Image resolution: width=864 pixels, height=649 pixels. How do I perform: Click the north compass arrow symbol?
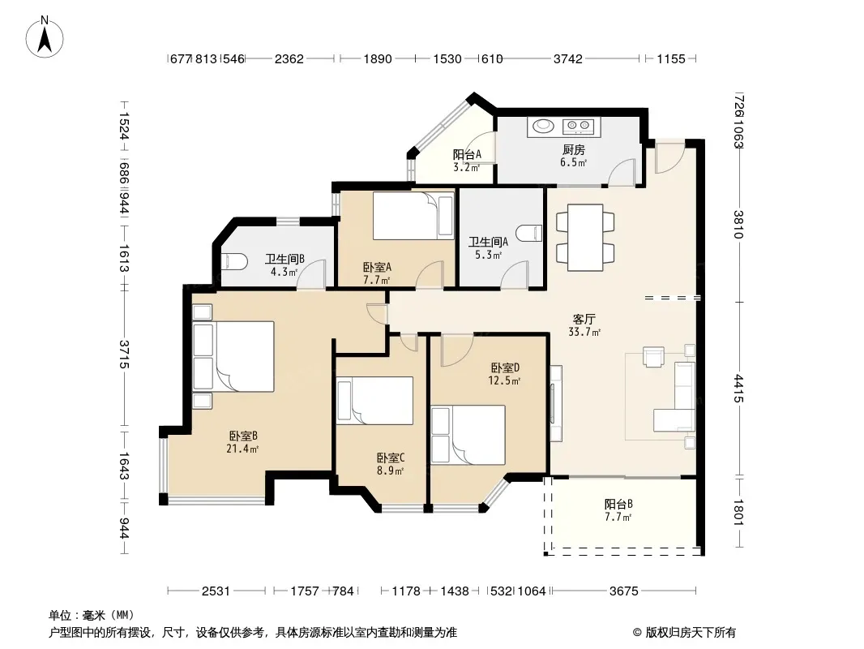click(45, 38)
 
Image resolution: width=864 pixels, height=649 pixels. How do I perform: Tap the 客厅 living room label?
click(584, 320)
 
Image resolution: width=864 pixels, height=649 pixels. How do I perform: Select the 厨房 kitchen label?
click(574, 149)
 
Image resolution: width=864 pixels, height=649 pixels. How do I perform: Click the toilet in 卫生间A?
click(531, 234)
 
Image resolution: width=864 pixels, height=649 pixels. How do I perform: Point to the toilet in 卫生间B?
click(233, 261)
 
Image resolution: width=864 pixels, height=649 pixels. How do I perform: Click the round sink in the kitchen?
click(543, 127)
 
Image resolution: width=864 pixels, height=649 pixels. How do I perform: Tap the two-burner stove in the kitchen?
click(578, 127)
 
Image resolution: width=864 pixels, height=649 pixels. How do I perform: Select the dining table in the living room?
click(585, 237)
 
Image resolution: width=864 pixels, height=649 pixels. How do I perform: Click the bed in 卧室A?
click(413, 216)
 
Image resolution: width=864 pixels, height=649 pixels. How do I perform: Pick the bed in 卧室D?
click(468, 435)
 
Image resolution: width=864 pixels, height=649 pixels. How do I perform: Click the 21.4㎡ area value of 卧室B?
click(242, 449)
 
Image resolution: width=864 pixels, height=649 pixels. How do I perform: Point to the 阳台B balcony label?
click(618, 504)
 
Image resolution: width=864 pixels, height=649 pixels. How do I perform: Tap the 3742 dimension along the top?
click(567, 59)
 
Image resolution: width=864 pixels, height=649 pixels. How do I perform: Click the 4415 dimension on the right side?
click(739, 389)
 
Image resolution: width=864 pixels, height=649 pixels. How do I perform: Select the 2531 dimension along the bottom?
click(216, 591)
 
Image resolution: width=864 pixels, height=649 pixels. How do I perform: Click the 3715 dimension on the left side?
click(125, 355)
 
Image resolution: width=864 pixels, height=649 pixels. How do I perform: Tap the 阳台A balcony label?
click(468, 155)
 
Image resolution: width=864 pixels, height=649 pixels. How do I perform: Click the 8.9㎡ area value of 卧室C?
click(390, 471)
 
